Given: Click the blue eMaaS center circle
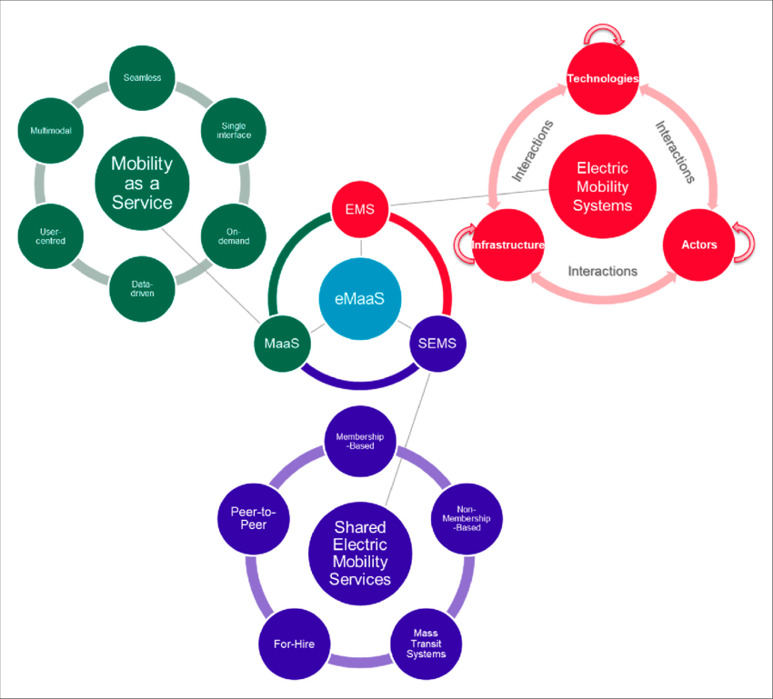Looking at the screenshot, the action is [x=360, y=298].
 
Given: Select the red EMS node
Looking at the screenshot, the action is [x=360, y=209].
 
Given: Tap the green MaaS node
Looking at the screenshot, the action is [x=282, y=344].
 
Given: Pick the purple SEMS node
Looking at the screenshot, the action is [x=437, y=344].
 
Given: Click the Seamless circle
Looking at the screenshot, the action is [x=142, y=78].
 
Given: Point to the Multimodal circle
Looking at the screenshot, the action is [x=50, y=131].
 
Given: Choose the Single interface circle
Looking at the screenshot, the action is [x=234, y=131].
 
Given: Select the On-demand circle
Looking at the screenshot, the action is [x=234, y=236].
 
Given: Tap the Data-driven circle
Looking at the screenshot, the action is [x=142, y=289].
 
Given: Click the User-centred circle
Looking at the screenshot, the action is [x=50, y=236].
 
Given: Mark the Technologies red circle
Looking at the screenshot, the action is [x=602, y=78].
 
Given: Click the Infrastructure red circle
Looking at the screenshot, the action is [x=507, y=245].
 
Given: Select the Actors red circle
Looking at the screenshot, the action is [x=699, y=245].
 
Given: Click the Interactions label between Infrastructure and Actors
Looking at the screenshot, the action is [x=602, y=272].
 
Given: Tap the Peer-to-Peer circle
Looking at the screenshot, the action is [x=254, y=518].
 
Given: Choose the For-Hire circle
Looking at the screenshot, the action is [x=295, y=644].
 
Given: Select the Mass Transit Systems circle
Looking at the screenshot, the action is [x=426, y=644].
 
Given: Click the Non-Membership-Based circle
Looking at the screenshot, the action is [x=467, y=518].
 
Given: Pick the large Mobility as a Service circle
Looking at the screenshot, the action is [x=142, y=184].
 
